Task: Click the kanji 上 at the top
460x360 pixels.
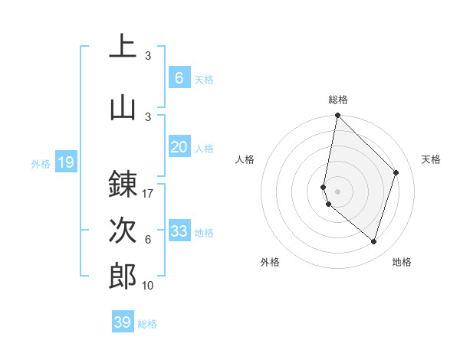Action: point(123,47)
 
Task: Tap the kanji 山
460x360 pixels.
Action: point(123,106)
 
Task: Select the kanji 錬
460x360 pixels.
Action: point(123,184)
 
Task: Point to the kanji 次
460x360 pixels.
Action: point(123,230)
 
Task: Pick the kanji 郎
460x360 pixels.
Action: point(123,276)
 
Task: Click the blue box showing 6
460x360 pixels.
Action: point(179,77)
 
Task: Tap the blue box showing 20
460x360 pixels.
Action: point(179,147)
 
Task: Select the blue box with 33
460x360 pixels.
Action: point(179,231)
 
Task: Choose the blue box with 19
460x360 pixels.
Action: point(65,162)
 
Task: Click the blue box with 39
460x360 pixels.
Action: point(122,322)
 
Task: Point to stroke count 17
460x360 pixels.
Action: point(148,194)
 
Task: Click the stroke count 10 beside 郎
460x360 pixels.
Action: point(148,286)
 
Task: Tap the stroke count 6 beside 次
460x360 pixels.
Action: point(148,240)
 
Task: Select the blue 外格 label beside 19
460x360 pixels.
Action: point(41,163)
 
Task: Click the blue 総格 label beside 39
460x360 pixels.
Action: point(147,324)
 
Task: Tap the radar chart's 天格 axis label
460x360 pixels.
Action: point(431,159)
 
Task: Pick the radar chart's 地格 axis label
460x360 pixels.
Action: point(402,262)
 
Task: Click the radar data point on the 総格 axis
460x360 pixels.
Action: point(337,116)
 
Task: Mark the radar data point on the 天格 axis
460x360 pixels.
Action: point(396,172)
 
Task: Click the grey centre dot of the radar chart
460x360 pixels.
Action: point(337,191)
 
